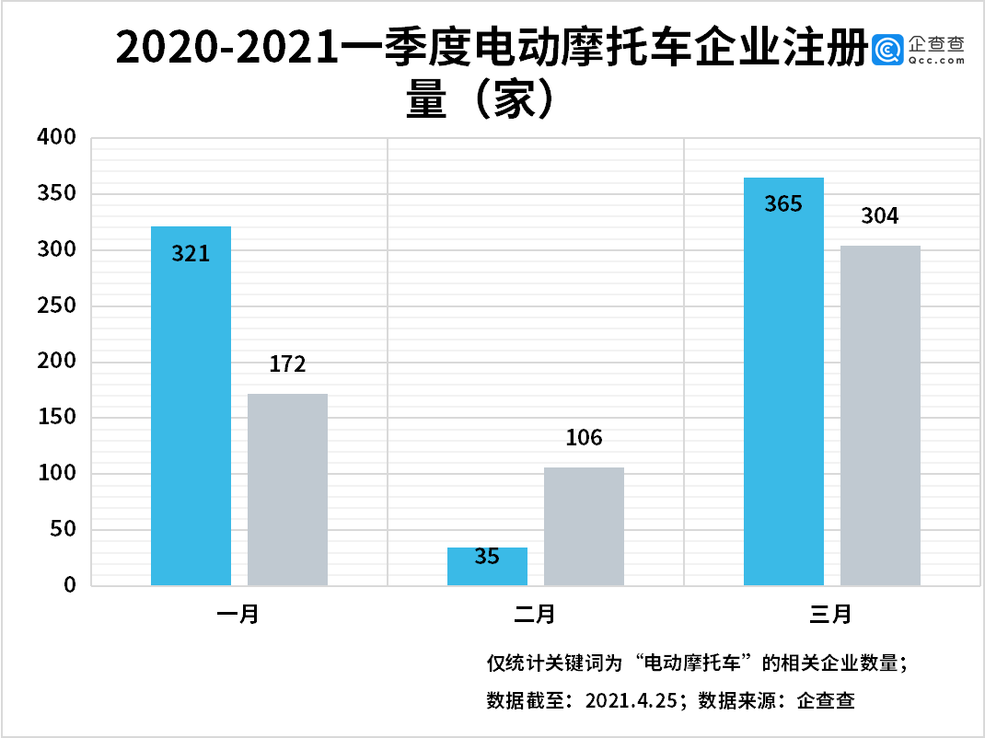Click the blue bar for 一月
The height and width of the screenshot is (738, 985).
click(x=191, y=405)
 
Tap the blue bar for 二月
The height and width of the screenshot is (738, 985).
click(x=487, y=566)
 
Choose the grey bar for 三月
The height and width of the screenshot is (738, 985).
click(x=880, y=415)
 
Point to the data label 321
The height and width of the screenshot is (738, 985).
click(x=191, y=253)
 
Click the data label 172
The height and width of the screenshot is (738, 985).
click(x=287, y=364)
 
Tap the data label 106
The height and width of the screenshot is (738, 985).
click(x=584, y=438)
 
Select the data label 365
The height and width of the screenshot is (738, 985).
click(x=783, y=204)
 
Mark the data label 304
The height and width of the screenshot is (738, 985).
click(x=880, y=217)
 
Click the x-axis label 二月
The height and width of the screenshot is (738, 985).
click(x=535, y=615)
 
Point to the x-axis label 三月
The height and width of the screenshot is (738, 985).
click(x=831, y=615)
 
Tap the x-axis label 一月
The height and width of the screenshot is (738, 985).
click(x=238, y=615)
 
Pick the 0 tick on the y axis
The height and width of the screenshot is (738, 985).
click(x=70, y=586)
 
